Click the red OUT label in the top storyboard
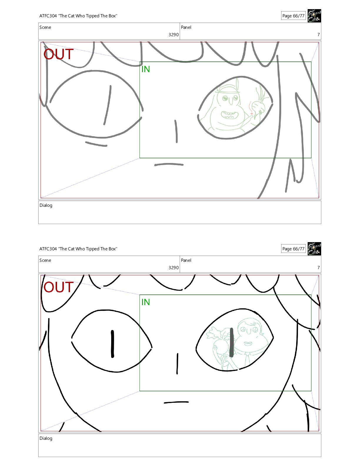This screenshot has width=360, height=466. pos(58,54)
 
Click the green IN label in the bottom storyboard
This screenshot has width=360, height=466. pos(146,302)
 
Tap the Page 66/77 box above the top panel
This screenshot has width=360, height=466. pos(293,16)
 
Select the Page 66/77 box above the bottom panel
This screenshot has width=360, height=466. pos(293,249)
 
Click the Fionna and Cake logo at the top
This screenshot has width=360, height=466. pos(314,16)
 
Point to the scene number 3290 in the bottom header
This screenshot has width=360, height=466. pos(174,268)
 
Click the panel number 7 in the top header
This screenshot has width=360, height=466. pos(319,34)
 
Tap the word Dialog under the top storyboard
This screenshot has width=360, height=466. pos(46,205)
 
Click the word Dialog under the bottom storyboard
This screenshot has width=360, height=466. pos(46,439)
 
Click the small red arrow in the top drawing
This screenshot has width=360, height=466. pos(250,108)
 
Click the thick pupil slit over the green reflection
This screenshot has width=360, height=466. pos(231,343)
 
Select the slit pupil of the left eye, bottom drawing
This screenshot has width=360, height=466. pos(112,344)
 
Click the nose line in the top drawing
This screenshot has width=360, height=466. pos(176,131)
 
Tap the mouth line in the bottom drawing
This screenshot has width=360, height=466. pos(176,402)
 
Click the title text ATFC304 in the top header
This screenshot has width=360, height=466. pos(48,16)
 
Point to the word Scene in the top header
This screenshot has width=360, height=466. pos(45,27)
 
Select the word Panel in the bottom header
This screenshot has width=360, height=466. pos(186,260)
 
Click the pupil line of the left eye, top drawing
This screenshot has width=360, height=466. pos(107,105)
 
